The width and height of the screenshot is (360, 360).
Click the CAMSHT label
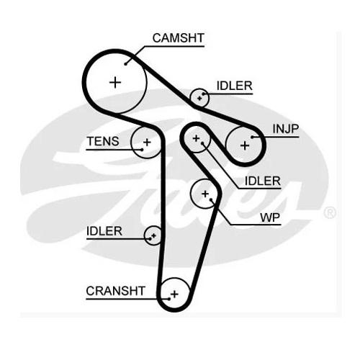(x=178, y=38)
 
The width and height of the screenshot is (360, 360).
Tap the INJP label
(x=286, y=129)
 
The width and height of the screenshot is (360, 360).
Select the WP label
(x=270, y=217)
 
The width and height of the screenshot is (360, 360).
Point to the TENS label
(x=103, y=141)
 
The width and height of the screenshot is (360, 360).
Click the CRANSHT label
(x=116, y=291)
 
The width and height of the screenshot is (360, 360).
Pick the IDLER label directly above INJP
(x=235, y=86)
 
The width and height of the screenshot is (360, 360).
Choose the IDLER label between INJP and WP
(x=263, y=181)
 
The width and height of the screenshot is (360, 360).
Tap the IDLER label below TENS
(x=104, y=231)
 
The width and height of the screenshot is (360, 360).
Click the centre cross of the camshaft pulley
(x=115, y=83)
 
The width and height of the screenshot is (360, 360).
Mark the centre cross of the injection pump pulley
(x=245, y=145)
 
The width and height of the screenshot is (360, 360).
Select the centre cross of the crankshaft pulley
(x=174, y=294)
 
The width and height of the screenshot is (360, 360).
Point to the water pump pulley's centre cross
(x=205, y=194)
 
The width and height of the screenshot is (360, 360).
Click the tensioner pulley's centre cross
(x=147, y=143)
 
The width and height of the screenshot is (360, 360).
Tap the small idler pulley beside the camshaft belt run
(x=199, y=98)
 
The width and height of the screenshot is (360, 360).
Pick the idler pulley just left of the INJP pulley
(x=196, y=138)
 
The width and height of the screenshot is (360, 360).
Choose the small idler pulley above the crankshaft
(x=153, y=235)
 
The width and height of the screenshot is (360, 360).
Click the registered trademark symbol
(x=330, y=212)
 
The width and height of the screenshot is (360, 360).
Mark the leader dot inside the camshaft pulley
(x=125, y=64)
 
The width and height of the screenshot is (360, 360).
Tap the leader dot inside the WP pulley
(x=211, y=199)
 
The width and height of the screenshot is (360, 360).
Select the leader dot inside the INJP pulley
(x=252, y=138)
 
